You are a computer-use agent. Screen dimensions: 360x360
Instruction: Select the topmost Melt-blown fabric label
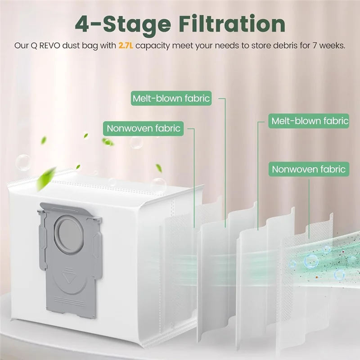tap(171, 98)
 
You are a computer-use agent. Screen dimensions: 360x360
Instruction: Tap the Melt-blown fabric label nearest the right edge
tap(309, 121)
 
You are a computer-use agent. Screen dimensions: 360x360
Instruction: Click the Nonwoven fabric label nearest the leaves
tap(143, 128)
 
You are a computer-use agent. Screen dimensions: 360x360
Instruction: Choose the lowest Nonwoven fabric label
tap(309, 169)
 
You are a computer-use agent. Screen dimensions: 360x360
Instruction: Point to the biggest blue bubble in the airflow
tap(310, 260)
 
